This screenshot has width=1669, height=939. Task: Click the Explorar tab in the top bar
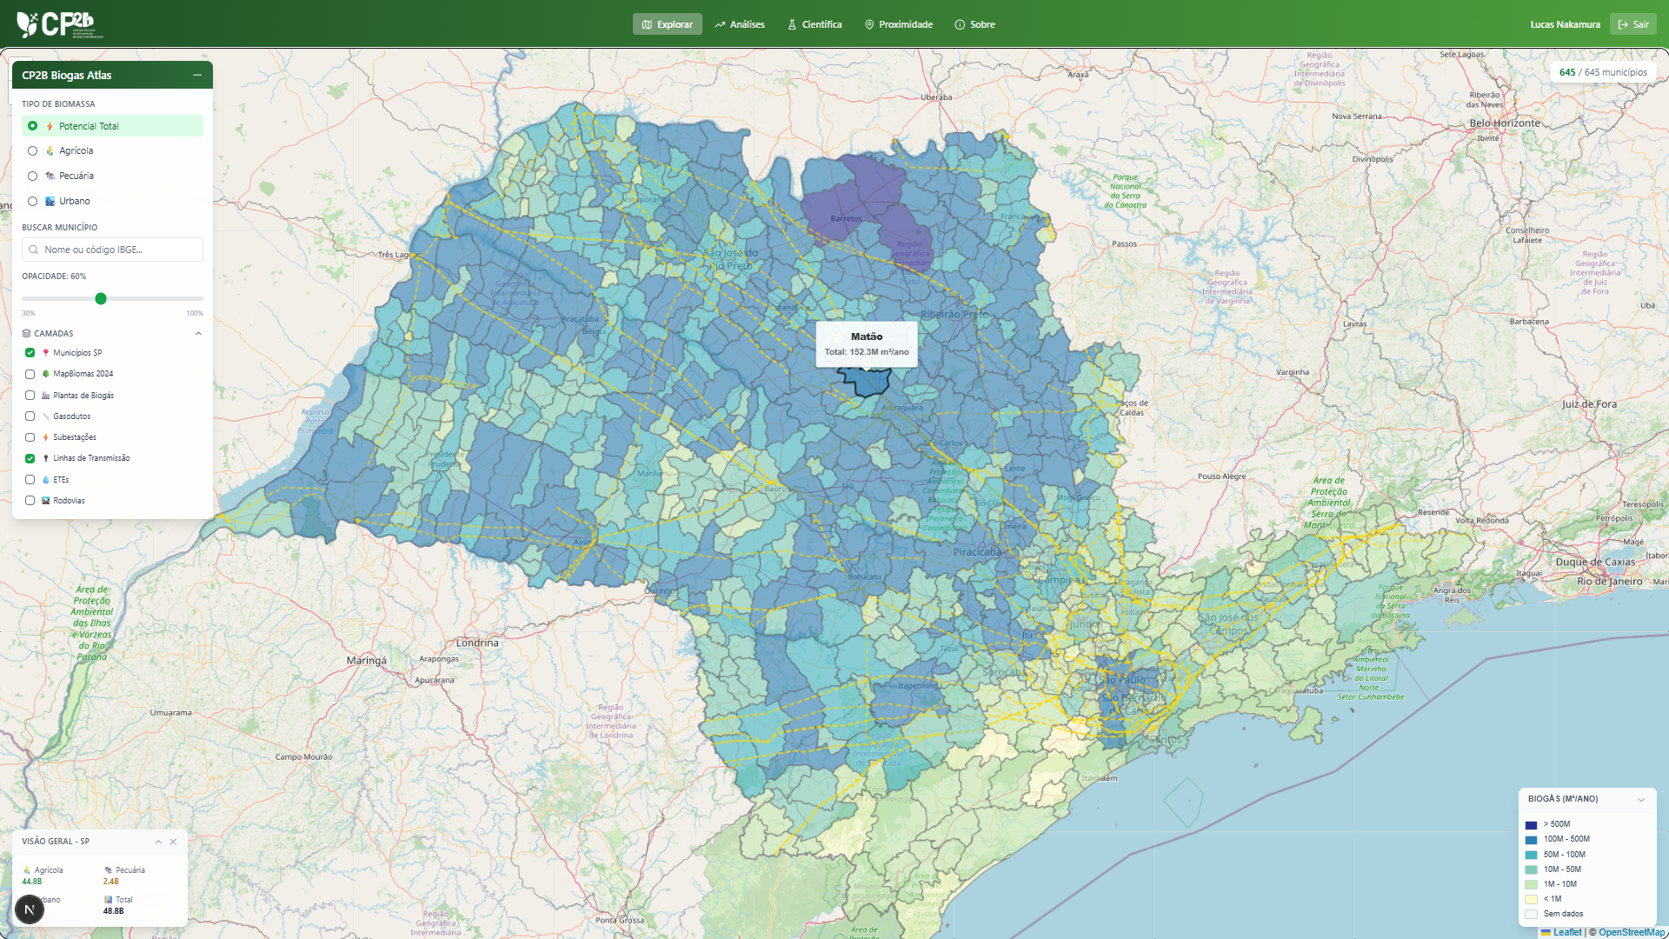coord(667,24)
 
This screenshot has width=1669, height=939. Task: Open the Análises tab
coord(740,24)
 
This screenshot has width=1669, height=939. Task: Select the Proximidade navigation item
coord(899,24)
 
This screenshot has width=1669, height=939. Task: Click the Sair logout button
coord(1632,24)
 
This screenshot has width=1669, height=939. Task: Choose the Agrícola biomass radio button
coord(33,151)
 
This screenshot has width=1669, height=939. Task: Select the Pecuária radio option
coord(33,176)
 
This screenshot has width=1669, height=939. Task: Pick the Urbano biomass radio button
coord(33,202)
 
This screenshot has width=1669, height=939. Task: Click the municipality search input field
coord(113,250)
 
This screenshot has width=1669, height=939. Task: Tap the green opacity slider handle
coord(101,299)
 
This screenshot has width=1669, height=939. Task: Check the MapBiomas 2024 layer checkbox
coord(30,374)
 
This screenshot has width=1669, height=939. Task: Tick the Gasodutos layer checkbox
coord(30,416)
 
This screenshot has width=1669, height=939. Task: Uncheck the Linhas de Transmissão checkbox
coord(30,458)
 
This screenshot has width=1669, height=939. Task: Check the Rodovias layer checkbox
coord(30,501)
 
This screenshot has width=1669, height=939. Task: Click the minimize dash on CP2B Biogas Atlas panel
coord(197,76)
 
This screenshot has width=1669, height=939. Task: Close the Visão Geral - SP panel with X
coord(174,842)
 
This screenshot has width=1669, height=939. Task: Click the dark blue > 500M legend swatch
coord(1531,825)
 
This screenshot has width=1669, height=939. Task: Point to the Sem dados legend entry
coord(1563,914)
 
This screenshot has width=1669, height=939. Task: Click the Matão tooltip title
coord(867,336)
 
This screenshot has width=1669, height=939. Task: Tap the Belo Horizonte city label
coord(1505,123)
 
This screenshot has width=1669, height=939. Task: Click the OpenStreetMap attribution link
coord(1632,932)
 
